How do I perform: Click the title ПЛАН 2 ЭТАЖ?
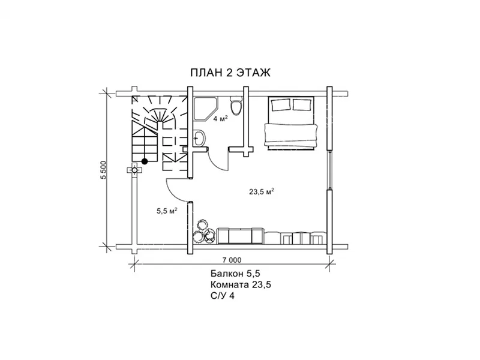[230, 73]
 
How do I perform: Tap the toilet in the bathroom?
[236, 106]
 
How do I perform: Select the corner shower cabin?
[206, 109]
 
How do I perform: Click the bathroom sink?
[199, 138]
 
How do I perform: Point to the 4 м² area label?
[221, 119]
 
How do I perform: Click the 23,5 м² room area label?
[261, 192]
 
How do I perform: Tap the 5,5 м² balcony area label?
[167, 211]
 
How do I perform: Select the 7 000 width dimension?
[232, 260]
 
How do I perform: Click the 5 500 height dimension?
[103, 170]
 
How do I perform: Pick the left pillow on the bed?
[281, 105]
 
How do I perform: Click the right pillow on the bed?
[302, 104]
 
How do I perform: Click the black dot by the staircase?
[145, 161]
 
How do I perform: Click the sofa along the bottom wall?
[241, 236]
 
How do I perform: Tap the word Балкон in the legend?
[226, 274]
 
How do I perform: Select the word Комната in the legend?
[230, 284]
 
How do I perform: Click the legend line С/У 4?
[222, 296]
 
